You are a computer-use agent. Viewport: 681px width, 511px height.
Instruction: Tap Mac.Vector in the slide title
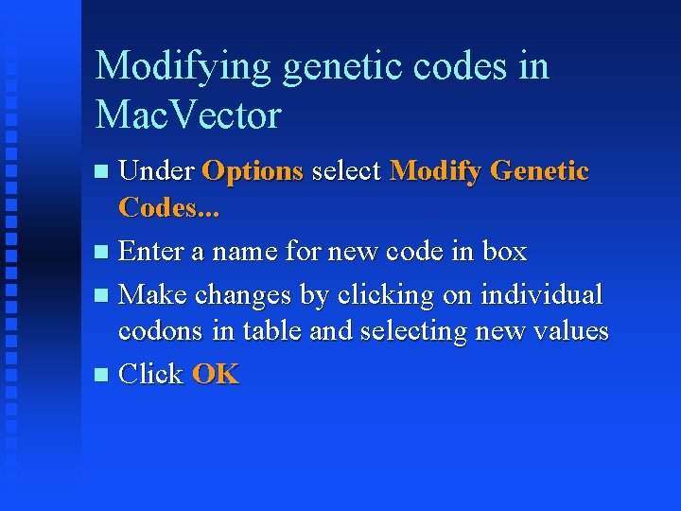(188, 115)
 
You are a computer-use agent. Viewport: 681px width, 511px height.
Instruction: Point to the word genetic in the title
(316, 67)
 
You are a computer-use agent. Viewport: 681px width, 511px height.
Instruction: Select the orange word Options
(253, 171)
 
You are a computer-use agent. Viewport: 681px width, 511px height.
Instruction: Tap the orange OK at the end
(216, 374)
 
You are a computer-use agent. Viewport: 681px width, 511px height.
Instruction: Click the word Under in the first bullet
(157, 171)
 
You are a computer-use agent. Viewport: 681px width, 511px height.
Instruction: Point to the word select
(346, 171)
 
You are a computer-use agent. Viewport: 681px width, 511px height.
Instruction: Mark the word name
(247, 252)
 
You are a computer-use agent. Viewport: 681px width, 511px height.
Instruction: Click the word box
(504, 252)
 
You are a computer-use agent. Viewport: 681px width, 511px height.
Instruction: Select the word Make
(152, 294)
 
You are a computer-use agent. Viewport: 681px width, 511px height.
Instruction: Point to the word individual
(542, 294)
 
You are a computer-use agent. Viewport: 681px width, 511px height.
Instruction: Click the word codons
(155, 331)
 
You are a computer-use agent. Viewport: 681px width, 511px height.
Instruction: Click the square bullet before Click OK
(102, 376)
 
